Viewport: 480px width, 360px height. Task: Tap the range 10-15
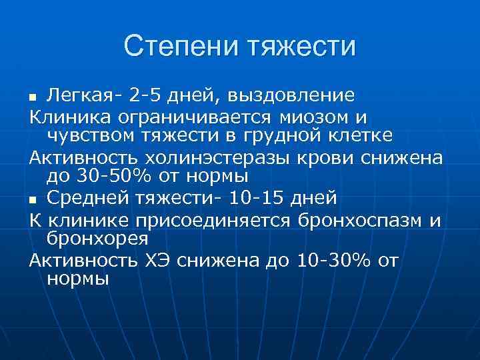coord(249,198)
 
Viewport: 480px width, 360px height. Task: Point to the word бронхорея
coord(97,238)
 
